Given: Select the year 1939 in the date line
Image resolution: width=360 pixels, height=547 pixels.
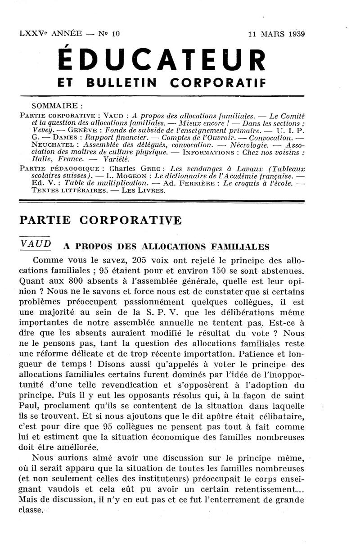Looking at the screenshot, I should (296, 33).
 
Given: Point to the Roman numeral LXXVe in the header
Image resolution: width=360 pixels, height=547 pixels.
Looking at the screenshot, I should (34, 33).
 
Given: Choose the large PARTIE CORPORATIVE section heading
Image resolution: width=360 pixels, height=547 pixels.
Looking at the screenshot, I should (101, 221).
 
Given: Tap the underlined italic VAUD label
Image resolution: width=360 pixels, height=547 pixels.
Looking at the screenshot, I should (36, 244).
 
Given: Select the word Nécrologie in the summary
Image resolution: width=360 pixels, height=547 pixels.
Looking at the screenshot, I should (249, 145).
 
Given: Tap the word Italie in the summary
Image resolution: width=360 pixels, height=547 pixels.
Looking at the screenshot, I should (42, 159).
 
